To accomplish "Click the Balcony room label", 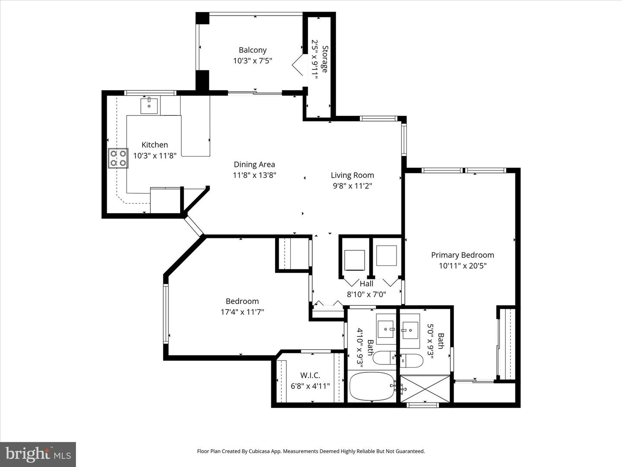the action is coord(253,50).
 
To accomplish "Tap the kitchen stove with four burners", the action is coord(118,158).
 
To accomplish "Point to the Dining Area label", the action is coord(254,164).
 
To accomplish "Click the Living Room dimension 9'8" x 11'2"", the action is coord(352,186).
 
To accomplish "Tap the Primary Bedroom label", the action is coord(463,255).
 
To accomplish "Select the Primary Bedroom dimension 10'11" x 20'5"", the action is coord(463,265).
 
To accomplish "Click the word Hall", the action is coord(366,284).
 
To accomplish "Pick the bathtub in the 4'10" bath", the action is coord(372,387).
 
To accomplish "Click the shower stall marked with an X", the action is coord(425,388).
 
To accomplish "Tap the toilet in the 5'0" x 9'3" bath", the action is coord(412,360).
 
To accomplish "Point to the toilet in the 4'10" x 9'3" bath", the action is coord(384,358).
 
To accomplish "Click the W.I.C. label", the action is coord(310,375).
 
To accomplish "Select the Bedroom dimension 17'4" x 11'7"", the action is coord(242,312).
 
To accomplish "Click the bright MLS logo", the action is coord(38,454).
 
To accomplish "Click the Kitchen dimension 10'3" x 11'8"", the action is coord(155,155).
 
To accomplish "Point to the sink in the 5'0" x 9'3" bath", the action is coord(410,330).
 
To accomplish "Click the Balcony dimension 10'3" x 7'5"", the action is coord(253,61).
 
